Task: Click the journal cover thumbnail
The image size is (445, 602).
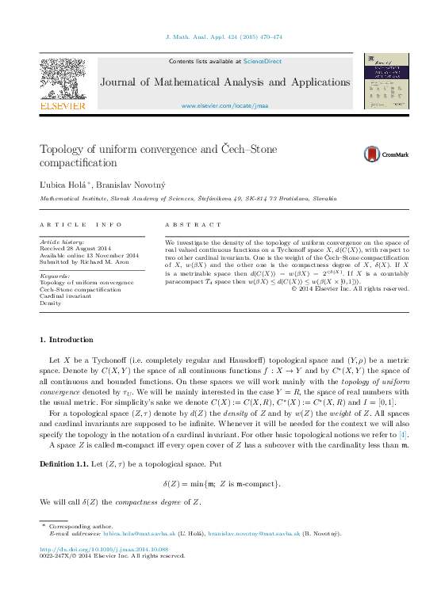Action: [x=386, y=82]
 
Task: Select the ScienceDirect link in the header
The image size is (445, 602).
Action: [x=262, y=61]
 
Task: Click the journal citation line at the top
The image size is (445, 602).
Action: [x=223, y=36]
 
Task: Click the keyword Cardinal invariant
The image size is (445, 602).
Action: [x=68, y=295]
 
